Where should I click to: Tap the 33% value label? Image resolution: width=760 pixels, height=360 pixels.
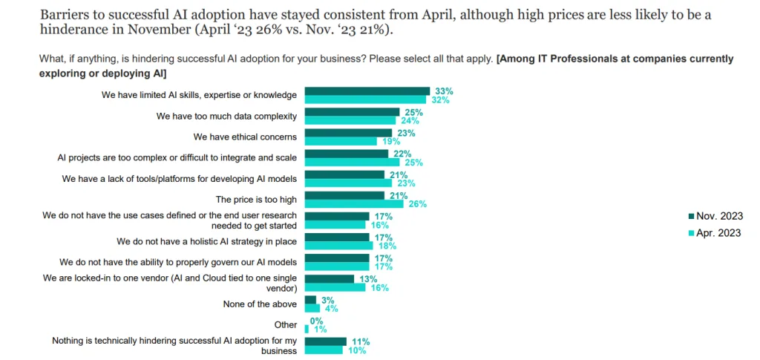444,91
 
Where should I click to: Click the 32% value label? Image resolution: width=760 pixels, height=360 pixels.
441,99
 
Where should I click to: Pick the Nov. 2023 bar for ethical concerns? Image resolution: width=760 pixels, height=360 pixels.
348,133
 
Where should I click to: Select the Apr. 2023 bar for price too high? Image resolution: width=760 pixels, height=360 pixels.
354,203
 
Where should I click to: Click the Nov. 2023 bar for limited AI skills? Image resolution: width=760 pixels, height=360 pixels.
367,91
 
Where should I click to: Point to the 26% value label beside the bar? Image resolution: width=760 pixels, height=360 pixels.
417,203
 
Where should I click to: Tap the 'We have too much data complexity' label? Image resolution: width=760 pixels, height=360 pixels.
226,116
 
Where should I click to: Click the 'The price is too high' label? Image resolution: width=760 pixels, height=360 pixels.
256,199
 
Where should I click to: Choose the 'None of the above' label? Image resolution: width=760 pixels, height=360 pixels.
260,304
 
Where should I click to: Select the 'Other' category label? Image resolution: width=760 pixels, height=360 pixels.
286,324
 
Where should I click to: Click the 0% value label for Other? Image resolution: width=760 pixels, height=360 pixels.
316,321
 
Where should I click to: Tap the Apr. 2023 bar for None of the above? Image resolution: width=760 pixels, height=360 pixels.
312,308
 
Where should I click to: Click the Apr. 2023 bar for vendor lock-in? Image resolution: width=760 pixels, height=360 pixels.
335,287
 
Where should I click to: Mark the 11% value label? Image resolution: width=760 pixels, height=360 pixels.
360,342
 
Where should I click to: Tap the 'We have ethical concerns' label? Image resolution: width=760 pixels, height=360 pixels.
245,137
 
